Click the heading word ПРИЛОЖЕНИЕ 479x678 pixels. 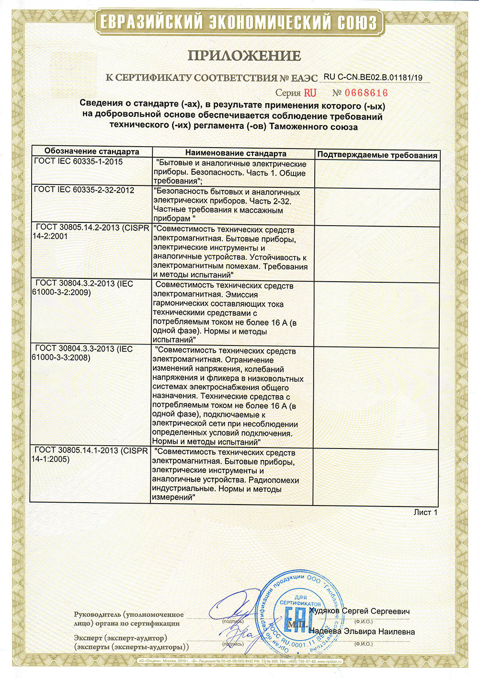(244, 56)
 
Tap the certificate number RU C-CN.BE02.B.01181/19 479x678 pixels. (373, 78)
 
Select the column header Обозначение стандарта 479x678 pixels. (91, 151)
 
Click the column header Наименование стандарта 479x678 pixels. (236, 153)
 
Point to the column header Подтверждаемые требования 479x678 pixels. (377, 155)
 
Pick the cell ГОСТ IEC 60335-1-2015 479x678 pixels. (79, 161)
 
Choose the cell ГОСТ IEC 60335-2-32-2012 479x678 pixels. (84, 190)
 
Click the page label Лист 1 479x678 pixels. (425, 512)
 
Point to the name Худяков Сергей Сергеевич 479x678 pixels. (359, 611)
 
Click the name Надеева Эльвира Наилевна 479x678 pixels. (362, 632)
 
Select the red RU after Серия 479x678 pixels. (310, 93)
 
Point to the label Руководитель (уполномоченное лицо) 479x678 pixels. (128, 619)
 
